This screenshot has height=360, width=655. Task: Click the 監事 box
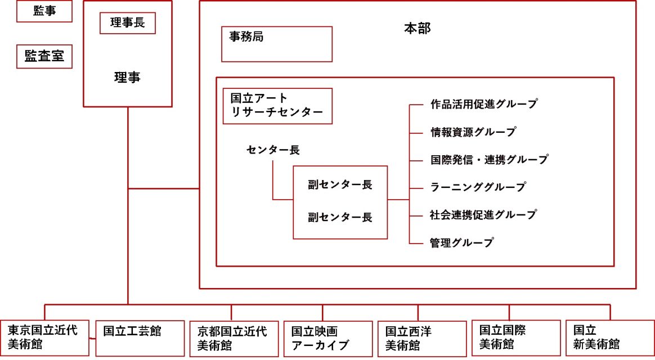click(x=44, y=11)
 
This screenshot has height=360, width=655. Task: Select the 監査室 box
click(x=44, y=56)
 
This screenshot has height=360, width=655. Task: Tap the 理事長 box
click(x=128, y=23)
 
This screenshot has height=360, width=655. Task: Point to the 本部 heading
click(x=418, y=28)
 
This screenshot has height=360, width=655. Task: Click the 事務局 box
click(x=276, y=44)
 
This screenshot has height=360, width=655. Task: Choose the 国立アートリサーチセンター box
click(x=277, y=106)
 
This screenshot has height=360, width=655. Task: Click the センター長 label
click(x=273, y=150)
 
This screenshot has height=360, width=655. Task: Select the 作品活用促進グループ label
click(x=483, y=104)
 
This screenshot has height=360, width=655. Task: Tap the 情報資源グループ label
click(x=473, y=132)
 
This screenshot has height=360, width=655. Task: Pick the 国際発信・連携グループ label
click(x=488, y=160)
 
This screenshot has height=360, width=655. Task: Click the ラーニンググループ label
click(x=478, y=187)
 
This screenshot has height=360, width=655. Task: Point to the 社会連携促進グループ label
click(x=483, y=215)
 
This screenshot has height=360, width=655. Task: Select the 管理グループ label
click(x=461, y=243)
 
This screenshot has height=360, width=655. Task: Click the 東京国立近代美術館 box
click(x=44, y=338)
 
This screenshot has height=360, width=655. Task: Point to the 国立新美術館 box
click(x=609, y=338)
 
